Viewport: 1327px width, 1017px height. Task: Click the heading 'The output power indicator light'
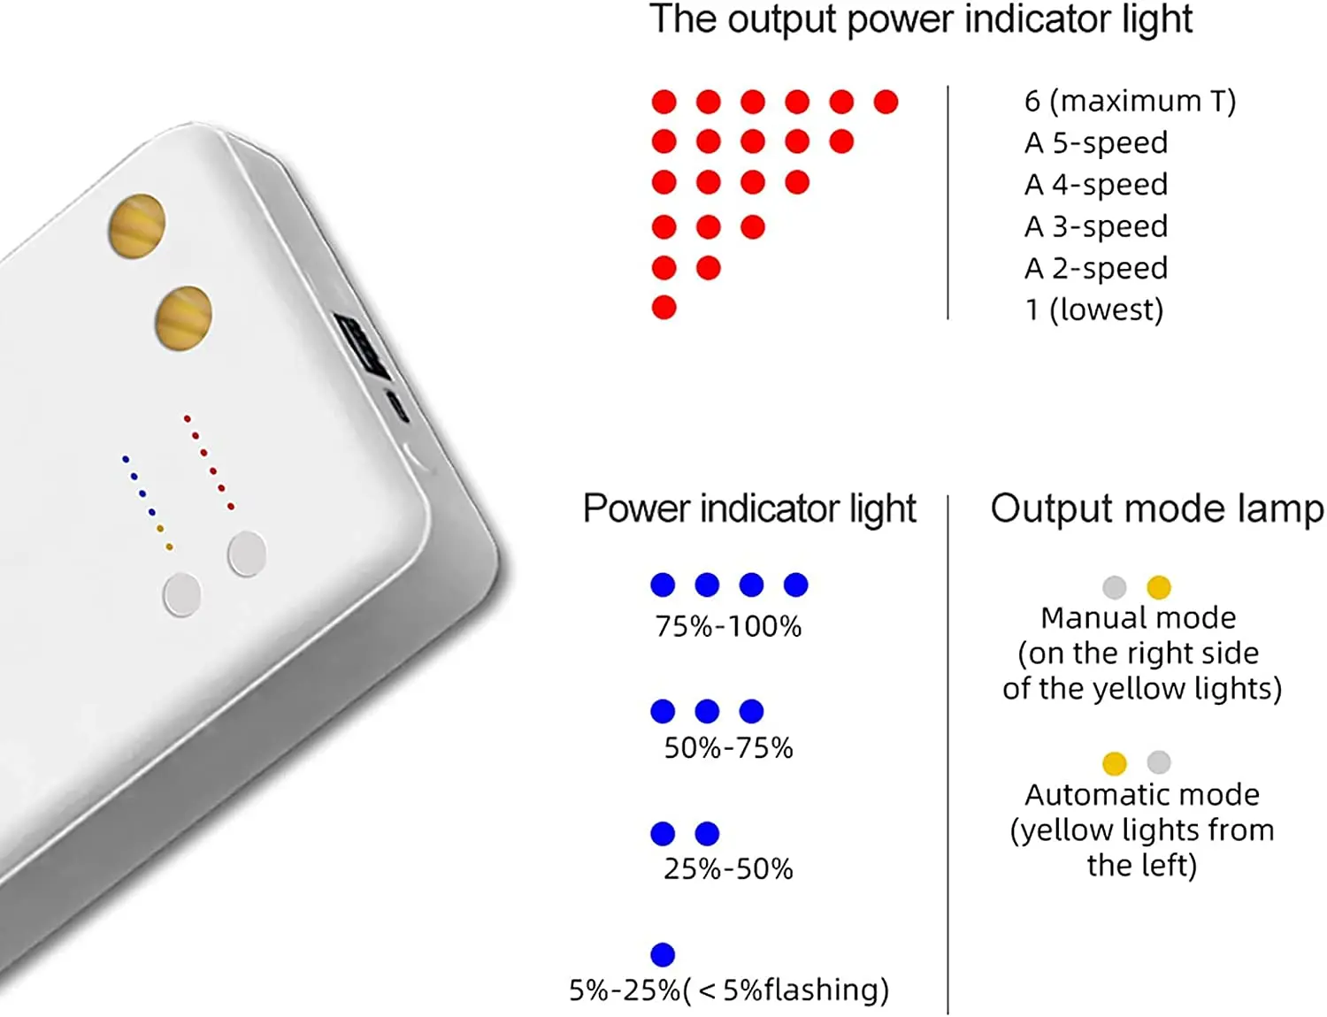[x=920, y=19]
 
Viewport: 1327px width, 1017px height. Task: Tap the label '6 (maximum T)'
[x=1130, y=102]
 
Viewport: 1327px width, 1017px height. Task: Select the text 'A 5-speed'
[x=1096, y=142]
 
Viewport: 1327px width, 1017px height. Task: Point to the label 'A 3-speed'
[x=1096, y=226]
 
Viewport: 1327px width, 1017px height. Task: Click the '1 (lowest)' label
[x=1093, y=310]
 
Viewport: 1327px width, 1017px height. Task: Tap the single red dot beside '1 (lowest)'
[x=663, y=308]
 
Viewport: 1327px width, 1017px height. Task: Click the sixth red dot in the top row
[x=886, y=102]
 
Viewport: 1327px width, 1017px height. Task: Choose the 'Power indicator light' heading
[x=749, y=509]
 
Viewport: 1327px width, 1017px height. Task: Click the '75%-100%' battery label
[x=728, y=627]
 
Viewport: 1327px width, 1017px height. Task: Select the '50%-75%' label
[x=728, y=748]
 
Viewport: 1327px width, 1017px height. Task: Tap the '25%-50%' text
[x=728, y=869]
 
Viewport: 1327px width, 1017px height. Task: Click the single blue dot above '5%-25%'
[x=663, y=954]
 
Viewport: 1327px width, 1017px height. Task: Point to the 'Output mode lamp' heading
[x=1156, y=509]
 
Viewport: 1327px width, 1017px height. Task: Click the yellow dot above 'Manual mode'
[x=1159, y=587]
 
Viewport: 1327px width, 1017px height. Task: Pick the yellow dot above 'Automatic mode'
[x=1115, y=762]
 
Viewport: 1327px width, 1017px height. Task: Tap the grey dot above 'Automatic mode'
[x=1159, y=762]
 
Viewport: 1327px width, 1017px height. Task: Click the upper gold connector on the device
[x=137, y=226]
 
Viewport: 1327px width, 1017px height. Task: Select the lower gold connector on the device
[x=184, y=317]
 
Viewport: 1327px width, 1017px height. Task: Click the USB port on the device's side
[x=363, y=345]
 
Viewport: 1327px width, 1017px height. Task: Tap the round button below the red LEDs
[x=247, y=554]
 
